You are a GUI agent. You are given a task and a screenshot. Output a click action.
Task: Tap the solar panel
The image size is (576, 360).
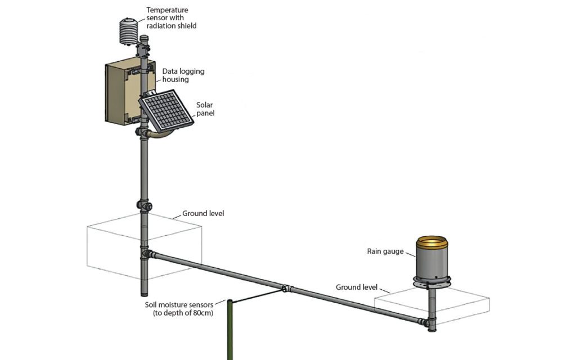coord(166,110)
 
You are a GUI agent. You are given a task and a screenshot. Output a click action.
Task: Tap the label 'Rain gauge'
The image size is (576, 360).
coord(385,251)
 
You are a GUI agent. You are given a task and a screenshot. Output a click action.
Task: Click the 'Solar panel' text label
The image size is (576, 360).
coord(205,109)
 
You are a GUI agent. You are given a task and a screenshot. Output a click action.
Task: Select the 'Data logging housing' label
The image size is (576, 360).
coord(183,75)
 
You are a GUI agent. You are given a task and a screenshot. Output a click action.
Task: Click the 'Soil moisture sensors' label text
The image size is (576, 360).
coord(179,308)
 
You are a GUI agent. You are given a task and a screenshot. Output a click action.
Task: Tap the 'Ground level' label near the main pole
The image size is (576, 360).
coord(203,214)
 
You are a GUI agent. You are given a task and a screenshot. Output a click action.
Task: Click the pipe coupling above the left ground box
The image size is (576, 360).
coord(144,205)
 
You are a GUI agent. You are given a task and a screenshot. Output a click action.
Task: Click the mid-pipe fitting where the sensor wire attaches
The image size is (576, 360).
coord(286,289)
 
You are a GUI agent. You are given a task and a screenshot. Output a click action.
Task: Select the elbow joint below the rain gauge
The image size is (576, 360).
coord(429,323)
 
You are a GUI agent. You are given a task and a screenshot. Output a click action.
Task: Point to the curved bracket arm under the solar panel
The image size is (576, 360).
coord(161,136)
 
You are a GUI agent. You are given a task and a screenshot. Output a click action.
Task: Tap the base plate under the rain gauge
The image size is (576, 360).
coord(431,280)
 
